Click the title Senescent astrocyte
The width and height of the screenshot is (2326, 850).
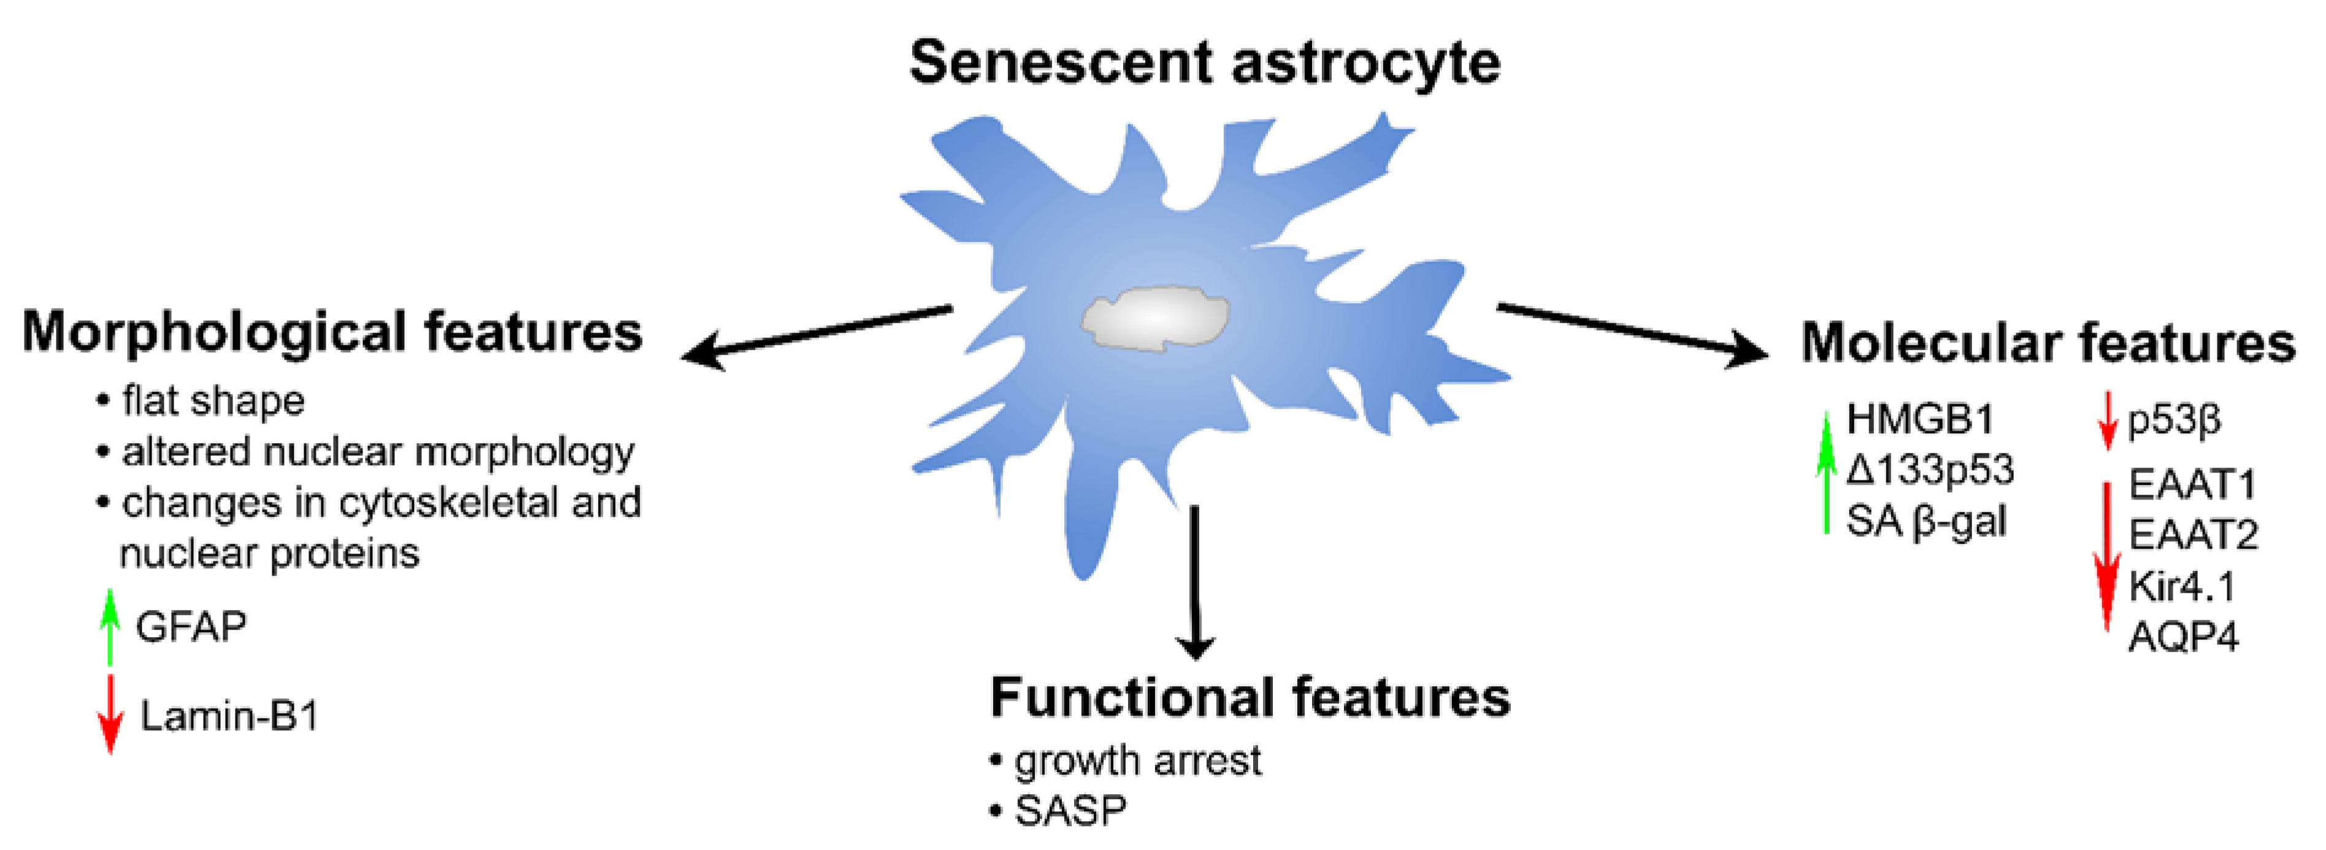1205,63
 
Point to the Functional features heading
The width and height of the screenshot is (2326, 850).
1249,697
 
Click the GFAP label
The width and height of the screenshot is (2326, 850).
191,627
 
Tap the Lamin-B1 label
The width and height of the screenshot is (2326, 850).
229,716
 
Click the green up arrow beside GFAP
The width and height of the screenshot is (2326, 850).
110,627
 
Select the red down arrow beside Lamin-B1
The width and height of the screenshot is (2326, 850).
110,714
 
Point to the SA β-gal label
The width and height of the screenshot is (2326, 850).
1925,521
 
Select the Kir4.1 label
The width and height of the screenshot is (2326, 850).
2181,587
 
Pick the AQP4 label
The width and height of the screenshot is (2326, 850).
2183,638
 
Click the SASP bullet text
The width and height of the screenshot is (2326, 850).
1070,810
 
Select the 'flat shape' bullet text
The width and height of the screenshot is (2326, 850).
213,401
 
